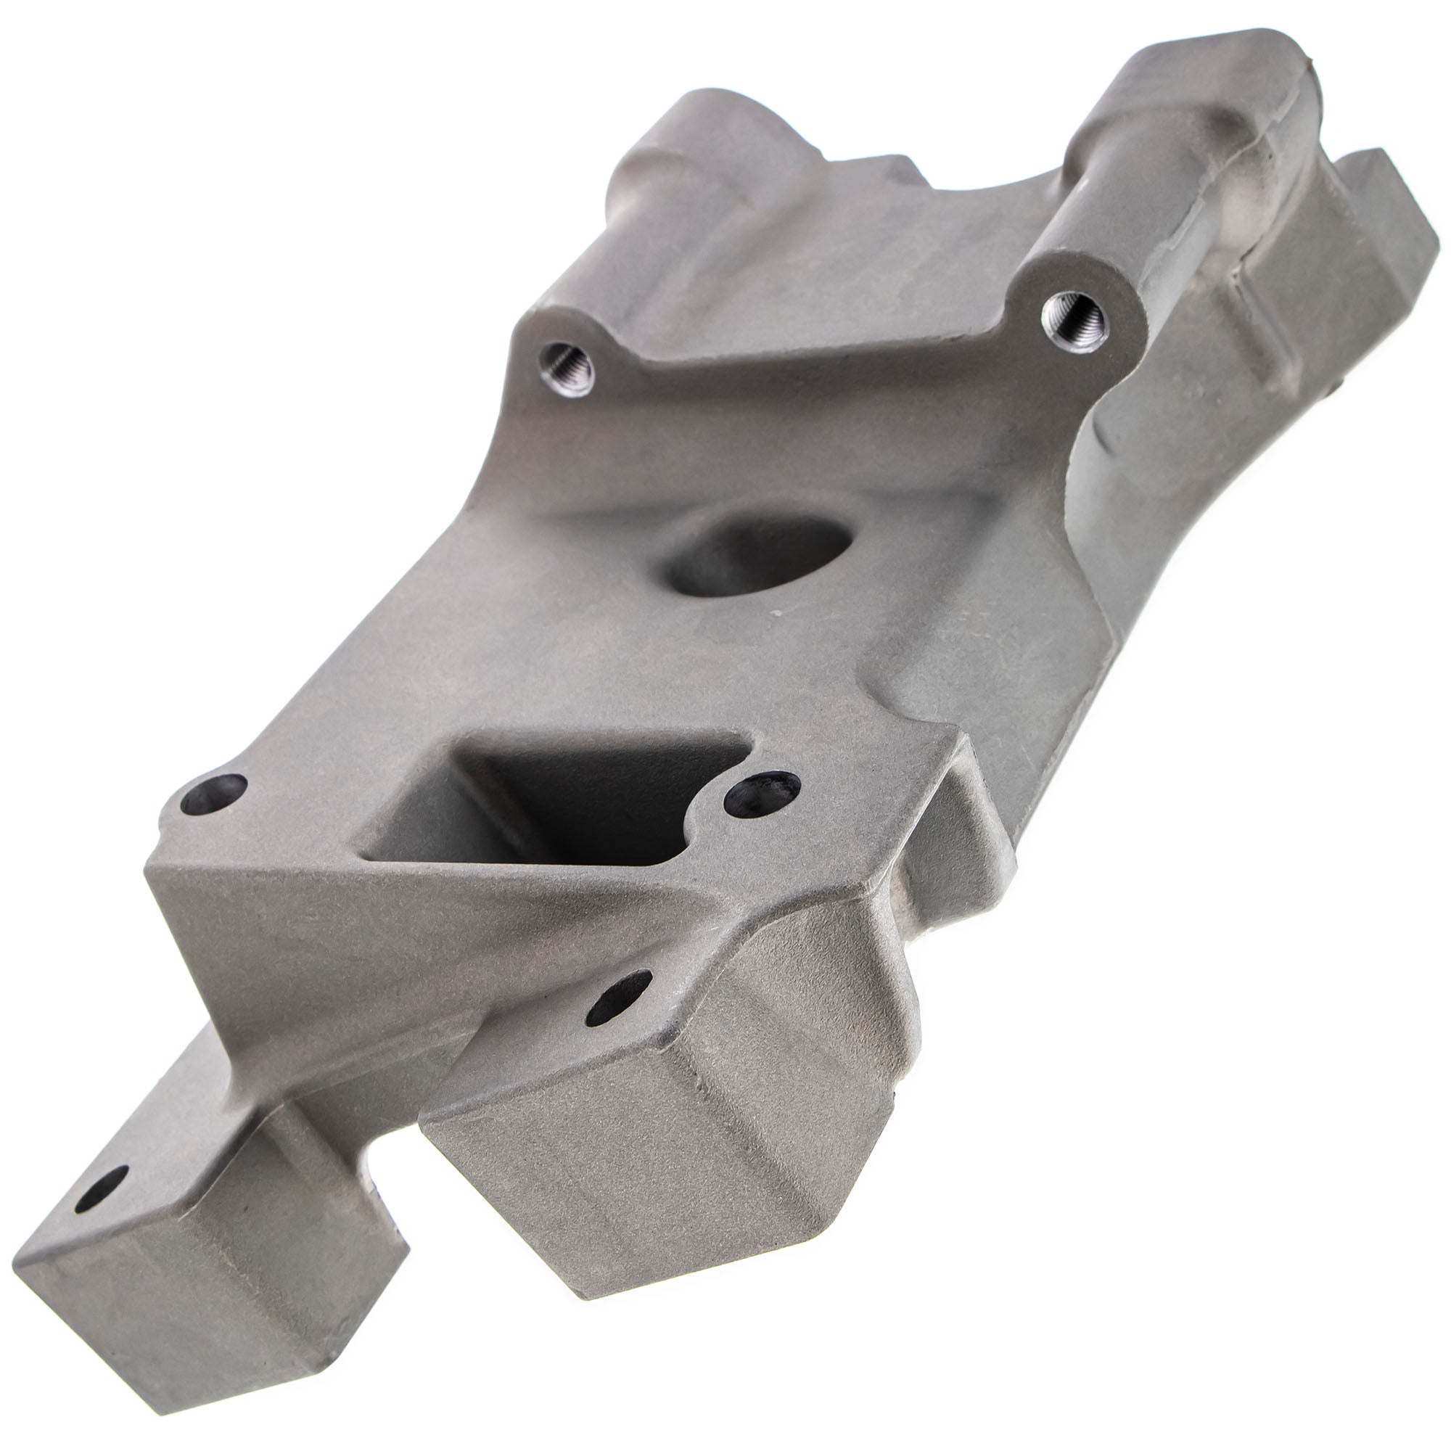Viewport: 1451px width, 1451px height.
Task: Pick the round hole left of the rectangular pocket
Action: pyautogui.click(x=215, y=799)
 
